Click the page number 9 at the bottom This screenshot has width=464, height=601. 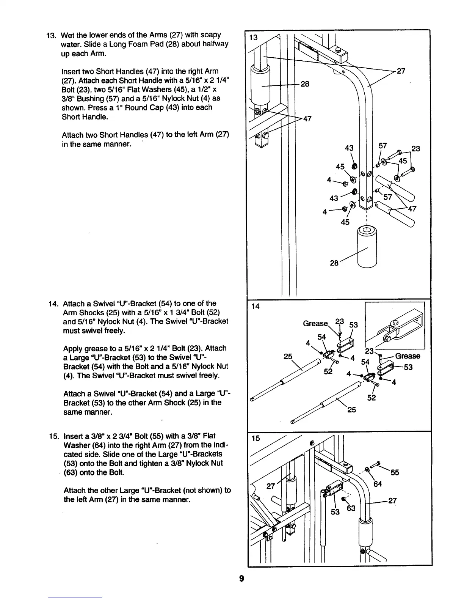241,579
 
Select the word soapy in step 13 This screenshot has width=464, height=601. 211,35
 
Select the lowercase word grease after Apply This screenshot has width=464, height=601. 102,349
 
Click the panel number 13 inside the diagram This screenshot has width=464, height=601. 253,38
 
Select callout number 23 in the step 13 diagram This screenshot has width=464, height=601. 415,148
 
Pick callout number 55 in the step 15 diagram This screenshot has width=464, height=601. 395,472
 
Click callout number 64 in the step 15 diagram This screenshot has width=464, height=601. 378,484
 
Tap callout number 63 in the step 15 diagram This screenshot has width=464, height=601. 351,508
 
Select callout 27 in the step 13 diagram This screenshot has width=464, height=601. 401,71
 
